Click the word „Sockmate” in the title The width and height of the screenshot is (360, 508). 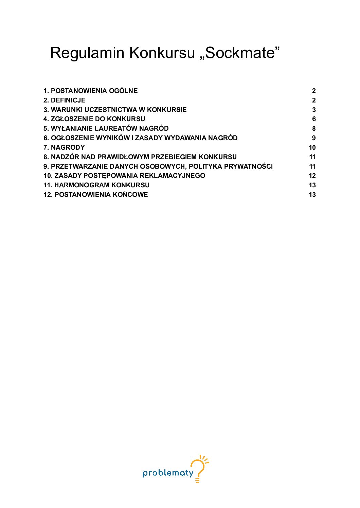click(x=240, y=53)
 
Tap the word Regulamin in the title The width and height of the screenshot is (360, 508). click(x=87, y=54)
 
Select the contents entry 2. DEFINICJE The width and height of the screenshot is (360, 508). click(x=64, y=100)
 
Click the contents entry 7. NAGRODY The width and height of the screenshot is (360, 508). click(x=64, y=147)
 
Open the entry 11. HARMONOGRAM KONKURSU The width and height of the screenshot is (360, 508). click(x=96, y=185)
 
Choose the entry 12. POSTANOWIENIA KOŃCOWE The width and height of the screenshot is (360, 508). click(x=95, y=194)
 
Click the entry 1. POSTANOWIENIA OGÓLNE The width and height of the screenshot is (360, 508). click(x=90, y=91)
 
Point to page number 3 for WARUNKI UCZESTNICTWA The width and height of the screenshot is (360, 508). click(x=314, y=110)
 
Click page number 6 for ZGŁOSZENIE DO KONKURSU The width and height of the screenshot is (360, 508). click(x=314, y=119)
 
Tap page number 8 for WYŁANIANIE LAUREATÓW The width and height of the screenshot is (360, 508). click(x=314, y=128)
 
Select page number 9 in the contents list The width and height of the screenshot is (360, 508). click(x=314, y=138)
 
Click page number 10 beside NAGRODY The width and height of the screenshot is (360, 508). click(x=312, y=147)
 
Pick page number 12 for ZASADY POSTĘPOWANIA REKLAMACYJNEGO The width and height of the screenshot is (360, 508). click(x=312, y=175)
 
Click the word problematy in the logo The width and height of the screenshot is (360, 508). click(x=168, y=473)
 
